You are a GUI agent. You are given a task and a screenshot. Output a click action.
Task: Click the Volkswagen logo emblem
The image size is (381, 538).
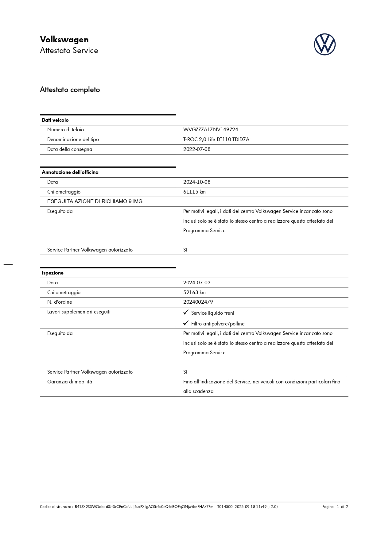[325, 44]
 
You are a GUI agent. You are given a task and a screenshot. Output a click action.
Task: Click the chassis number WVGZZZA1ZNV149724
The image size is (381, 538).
[211, 130]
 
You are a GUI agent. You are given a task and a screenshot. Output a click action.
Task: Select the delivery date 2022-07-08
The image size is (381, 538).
[197, 149]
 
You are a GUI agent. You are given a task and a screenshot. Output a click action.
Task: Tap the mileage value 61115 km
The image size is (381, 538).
[194, 192]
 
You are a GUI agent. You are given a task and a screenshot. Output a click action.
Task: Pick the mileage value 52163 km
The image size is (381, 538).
[194, 293]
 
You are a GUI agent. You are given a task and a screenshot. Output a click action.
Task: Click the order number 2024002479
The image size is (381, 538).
[198, 302]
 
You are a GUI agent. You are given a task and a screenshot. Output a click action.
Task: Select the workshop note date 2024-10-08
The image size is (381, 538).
[197, 182]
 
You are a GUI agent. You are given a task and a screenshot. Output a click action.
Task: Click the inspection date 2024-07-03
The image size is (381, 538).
[197, 283]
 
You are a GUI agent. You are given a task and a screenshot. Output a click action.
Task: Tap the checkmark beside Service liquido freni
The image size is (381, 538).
[186, 313]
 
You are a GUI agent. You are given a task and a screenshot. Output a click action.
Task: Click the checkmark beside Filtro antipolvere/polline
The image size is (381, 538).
[186, 323]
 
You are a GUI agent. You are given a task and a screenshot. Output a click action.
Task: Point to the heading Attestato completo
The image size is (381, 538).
[70, 90]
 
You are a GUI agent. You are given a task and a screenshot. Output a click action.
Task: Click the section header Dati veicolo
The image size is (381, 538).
[55, 120]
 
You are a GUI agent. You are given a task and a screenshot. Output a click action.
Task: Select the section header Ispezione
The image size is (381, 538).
[53, 273]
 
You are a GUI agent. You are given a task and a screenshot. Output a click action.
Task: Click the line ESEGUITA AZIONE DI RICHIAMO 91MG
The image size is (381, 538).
[95, 202]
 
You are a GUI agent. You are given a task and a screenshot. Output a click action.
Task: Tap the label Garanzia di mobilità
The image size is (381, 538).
[70, 382]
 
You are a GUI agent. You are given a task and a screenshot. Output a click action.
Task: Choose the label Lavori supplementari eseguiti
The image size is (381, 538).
[79, 312]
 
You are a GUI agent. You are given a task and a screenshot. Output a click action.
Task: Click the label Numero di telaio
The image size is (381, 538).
[65, 130]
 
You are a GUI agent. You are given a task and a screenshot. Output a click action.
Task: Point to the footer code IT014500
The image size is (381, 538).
[224, 507]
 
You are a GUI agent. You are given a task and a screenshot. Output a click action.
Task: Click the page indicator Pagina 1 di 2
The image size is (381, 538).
[335, 507]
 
